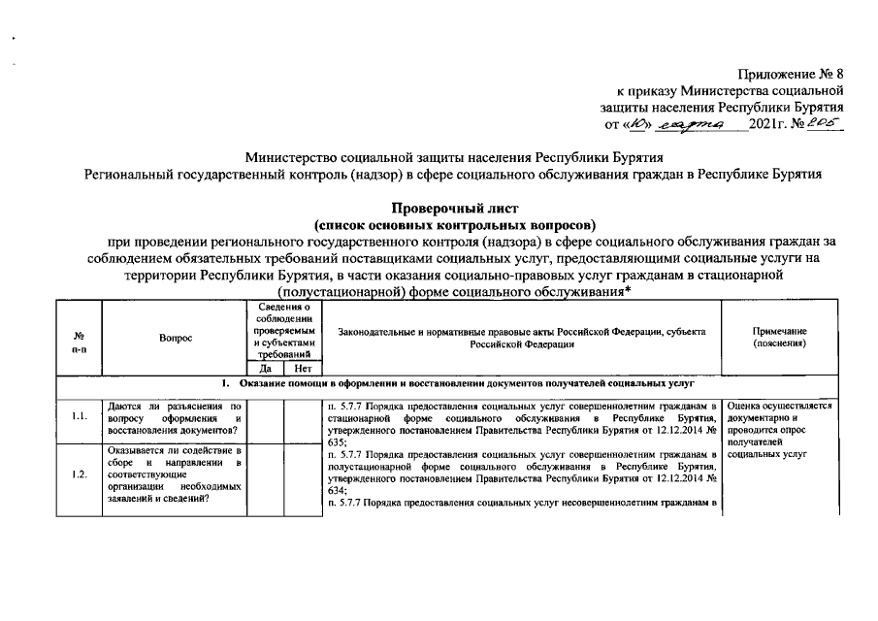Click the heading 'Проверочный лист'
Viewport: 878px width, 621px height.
coord(455,208)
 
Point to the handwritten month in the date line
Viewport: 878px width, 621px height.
coord(690,125)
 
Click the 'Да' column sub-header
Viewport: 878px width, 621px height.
coord(264,369)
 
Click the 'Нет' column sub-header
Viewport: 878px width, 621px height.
coord(300,369)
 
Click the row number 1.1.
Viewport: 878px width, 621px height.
coord(80,418)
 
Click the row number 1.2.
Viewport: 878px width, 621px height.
coord(80,474)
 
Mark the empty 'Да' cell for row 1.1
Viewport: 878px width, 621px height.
coord(264,418)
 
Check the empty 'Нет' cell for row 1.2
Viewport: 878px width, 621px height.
coord(300,474)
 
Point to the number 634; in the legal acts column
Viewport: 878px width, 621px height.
coord(338,491)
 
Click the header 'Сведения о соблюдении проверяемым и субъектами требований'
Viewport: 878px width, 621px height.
coord(281,331)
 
